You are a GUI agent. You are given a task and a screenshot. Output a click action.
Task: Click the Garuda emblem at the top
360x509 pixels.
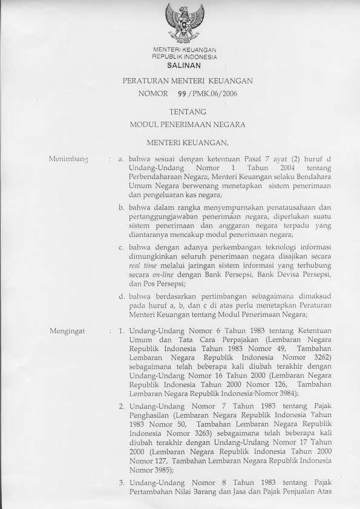pyautogui.click(x=185, y=22)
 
